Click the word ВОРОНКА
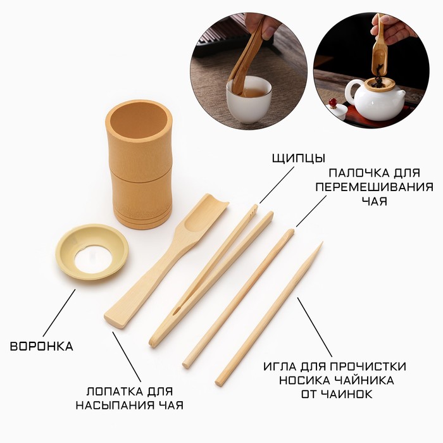[42, 346]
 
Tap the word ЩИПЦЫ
[299, 158]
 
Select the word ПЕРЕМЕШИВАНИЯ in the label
[374, 187]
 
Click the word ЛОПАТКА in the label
[115, 392]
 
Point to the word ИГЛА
[280, 366]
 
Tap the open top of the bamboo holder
[139, 119]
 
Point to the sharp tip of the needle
[321, 243]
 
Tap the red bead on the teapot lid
[332, 102]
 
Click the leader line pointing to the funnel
[59, 312]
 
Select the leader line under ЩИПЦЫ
[277, 185]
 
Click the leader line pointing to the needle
[315, 327]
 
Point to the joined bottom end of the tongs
[154, 341]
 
